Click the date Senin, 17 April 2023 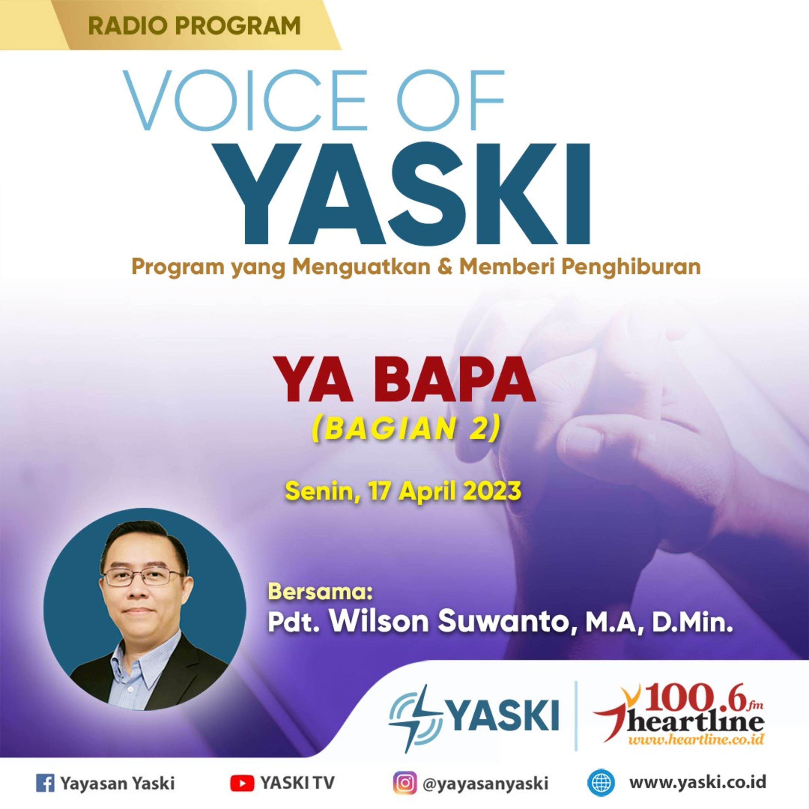pyautogui.click(x=403, y=491)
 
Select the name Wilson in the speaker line pyautogui.click(x=379, y=621)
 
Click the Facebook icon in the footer pyautogui.click(x=45, y=783)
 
